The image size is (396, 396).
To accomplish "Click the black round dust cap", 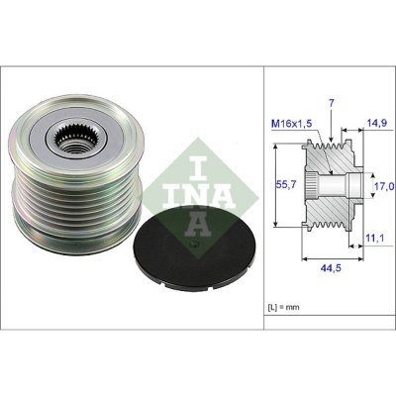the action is coord(194,246).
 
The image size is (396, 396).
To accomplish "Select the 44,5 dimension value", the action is coord(331,268).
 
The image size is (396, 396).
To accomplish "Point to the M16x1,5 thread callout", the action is coord(291,124).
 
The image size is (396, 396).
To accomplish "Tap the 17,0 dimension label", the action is coord(384,187).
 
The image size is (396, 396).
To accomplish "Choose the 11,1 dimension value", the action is coord(375,237).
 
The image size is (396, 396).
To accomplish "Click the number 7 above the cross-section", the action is coord(332,103).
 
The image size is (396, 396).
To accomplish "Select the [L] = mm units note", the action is coord(283,307).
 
